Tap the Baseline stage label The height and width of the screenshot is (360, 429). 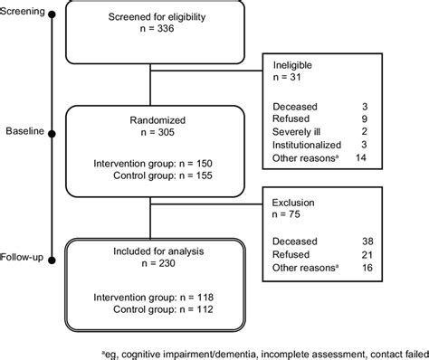click(x=23, y=133)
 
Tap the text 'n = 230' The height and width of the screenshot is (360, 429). click(x=148, y=262)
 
